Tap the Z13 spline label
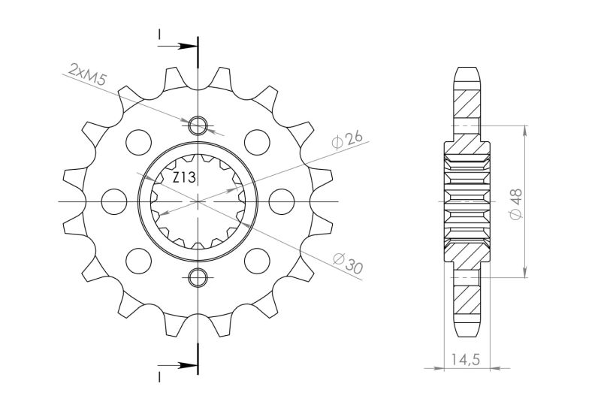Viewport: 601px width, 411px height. [x=184, y=178]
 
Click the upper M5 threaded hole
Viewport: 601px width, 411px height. [x=198, y=125]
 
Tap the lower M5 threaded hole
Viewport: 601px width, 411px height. [x=198, y=277]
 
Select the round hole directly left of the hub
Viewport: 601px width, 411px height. [x=114, y=201]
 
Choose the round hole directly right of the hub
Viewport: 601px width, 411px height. [x=282, y=201]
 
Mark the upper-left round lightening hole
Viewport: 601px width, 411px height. [x=137, y=141]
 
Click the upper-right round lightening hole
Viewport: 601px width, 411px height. [x=258, y=141]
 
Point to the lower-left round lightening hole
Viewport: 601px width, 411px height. [x=137, y=261]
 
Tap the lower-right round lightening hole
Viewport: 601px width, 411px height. [x=258, y=261]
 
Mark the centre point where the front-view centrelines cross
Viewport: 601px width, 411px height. [x=198, y=201]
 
